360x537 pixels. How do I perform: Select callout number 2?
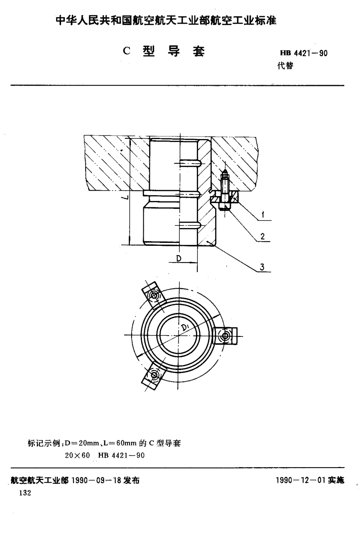[262, 236]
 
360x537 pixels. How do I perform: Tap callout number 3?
[262, 267]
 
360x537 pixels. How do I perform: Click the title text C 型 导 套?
[164, 51]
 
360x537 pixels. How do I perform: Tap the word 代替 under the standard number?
[285, 66]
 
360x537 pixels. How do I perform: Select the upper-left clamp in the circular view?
[154, 295]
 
